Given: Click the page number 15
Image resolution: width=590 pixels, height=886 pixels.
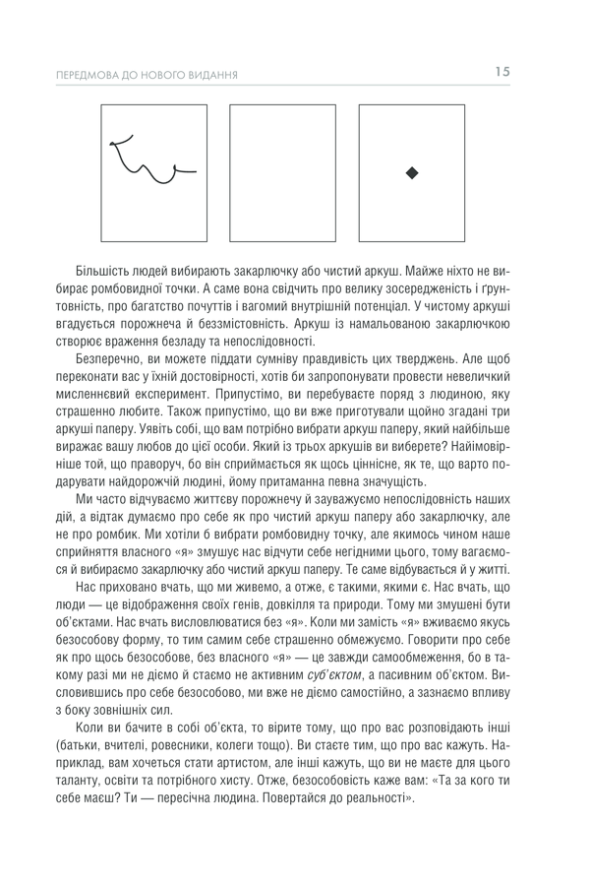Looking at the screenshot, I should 501,71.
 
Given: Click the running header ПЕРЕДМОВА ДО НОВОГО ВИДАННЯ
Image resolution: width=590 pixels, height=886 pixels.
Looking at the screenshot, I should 148,75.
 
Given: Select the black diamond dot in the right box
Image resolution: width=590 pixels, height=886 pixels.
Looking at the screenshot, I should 412,173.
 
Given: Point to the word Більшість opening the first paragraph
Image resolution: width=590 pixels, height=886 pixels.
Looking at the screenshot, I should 106,270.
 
